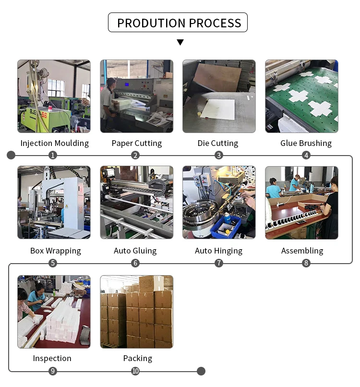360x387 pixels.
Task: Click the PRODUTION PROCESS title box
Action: (178, 23)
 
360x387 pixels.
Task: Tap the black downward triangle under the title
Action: (180, 42)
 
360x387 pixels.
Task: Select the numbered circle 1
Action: (53, 155)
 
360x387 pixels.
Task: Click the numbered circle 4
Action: (306, 155)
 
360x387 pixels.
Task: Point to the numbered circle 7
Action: (219, 263)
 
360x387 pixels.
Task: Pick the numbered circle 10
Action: (136, 371)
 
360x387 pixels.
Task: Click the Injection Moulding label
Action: (54, 143)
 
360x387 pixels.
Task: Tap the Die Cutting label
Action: (218, 143)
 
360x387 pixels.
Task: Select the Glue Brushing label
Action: (306, 143)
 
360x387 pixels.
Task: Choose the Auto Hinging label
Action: (218, 251)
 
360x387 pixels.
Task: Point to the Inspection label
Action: (52, 358)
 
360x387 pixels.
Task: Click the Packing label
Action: (137, 358)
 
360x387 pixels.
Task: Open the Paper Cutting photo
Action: (136, 96)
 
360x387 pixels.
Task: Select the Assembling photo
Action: (301, 203)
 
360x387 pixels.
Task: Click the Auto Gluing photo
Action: (136, 203)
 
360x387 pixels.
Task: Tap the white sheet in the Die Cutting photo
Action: (217, 109)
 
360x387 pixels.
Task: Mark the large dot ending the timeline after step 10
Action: (201, 371)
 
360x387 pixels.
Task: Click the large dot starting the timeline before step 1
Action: (11, 155)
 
